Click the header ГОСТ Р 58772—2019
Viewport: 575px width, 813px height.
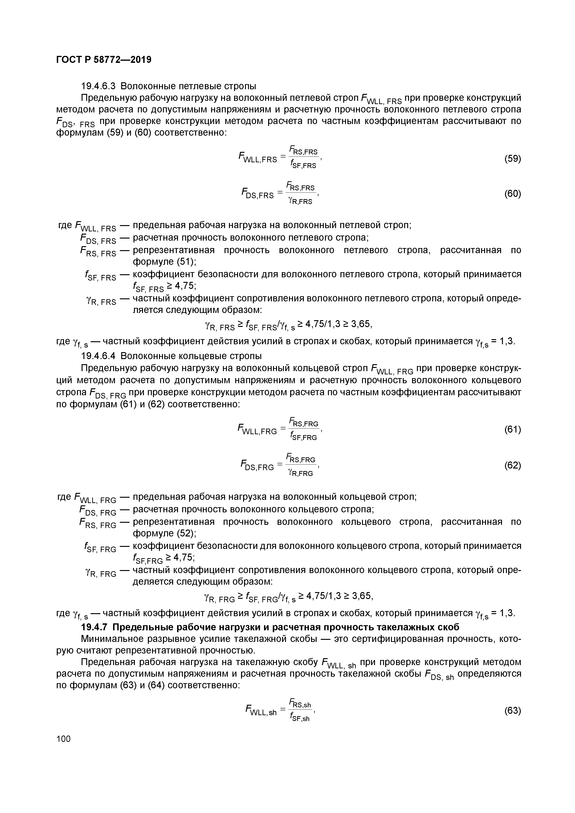(x=104, y=60)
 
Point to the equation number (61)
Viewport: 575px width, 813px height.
(x=512, y=430)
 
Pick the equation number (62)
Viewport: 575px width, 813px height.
(x=512, y=465)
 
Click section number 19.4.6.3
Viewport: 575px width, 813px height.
(x=99, y=86)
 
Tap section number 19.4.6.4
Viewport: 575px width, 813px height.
(x=99, y=356)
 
